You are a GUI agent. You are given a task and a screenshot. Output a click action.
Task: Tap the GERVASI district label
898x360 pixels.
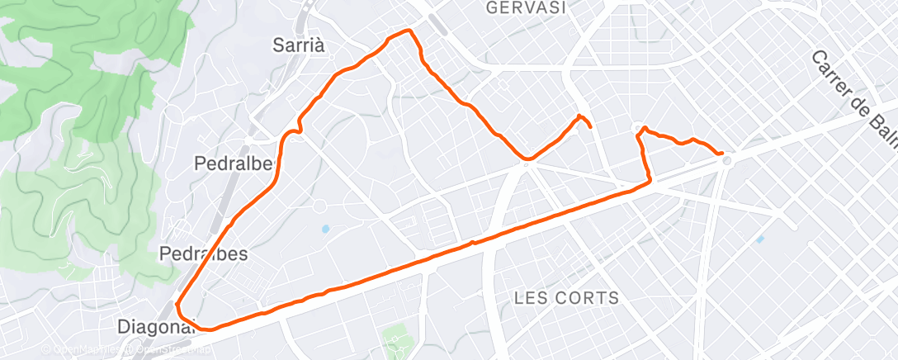[x=526, y=8]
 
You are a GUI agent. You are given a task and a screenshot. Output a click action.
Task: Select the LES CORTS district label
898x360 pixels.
[x=565, y=297]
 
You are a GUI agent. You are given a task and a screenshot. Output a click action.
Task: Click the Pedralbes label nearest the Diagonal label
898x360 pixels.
[x=203, y=253]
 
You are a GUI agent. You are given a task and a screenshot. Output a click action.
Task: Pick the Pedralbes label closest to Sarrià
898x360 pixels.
[x=234, y=163]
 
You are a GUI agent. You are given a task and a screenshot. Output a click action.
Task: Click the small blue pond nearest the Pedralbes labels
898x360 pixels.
[x=325, y=228]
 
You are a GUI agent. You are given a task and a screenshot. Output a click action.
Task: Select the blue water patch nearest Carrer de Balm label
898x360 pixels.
[x=759, y=239]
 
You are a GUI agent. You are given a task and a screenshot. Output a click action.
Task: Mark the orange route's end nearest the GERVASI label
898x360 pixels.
[x=590, y=126]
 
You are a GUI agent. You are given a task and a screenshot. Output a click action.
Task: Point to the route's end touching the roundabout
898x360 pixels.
[x=722, y=154]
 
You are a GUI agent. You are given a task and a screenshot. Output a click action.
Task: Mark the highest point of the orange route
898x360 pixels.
[x=407, y=31]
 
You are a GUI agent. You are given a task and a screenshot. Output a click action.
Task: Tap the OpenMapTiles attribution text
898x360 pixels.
[x=83, y=351]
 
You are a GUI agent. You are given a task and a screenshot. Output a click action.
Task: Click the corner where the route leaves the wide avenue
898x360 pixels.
[x=650, y=180]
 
